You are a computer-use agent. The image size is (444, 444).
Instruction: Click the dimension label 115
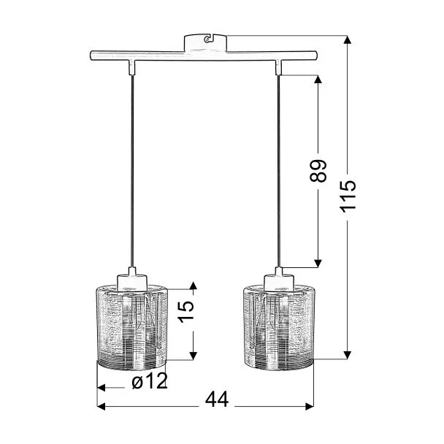click(x=348, y=196)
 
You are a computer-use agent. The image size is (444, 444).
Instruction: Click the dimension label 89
click(x=318, y=171)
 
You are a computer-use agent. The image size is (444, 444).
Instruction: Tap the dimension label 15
click(x=185, y=312)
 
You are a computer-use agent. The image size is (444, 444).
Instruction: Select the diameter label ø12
click(x=150, y=380)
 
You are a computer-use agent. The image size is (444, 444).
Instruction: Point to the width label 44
click(x=217, y=400)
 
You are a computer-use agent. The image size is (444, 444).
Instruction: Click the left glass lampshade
click(x=132, y=327)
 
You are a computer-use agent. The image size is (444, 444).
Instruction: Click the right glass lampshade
click(x=279, y=327)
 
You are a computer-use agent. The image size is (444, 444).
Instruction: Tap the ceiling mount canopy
click(x=205, y=43)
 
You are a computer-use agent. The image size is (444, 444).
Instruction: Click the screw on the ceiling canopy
click(x=207, y=39)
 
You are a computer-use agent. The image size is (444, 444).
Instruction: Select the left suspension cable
click(x=132, y=171)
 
